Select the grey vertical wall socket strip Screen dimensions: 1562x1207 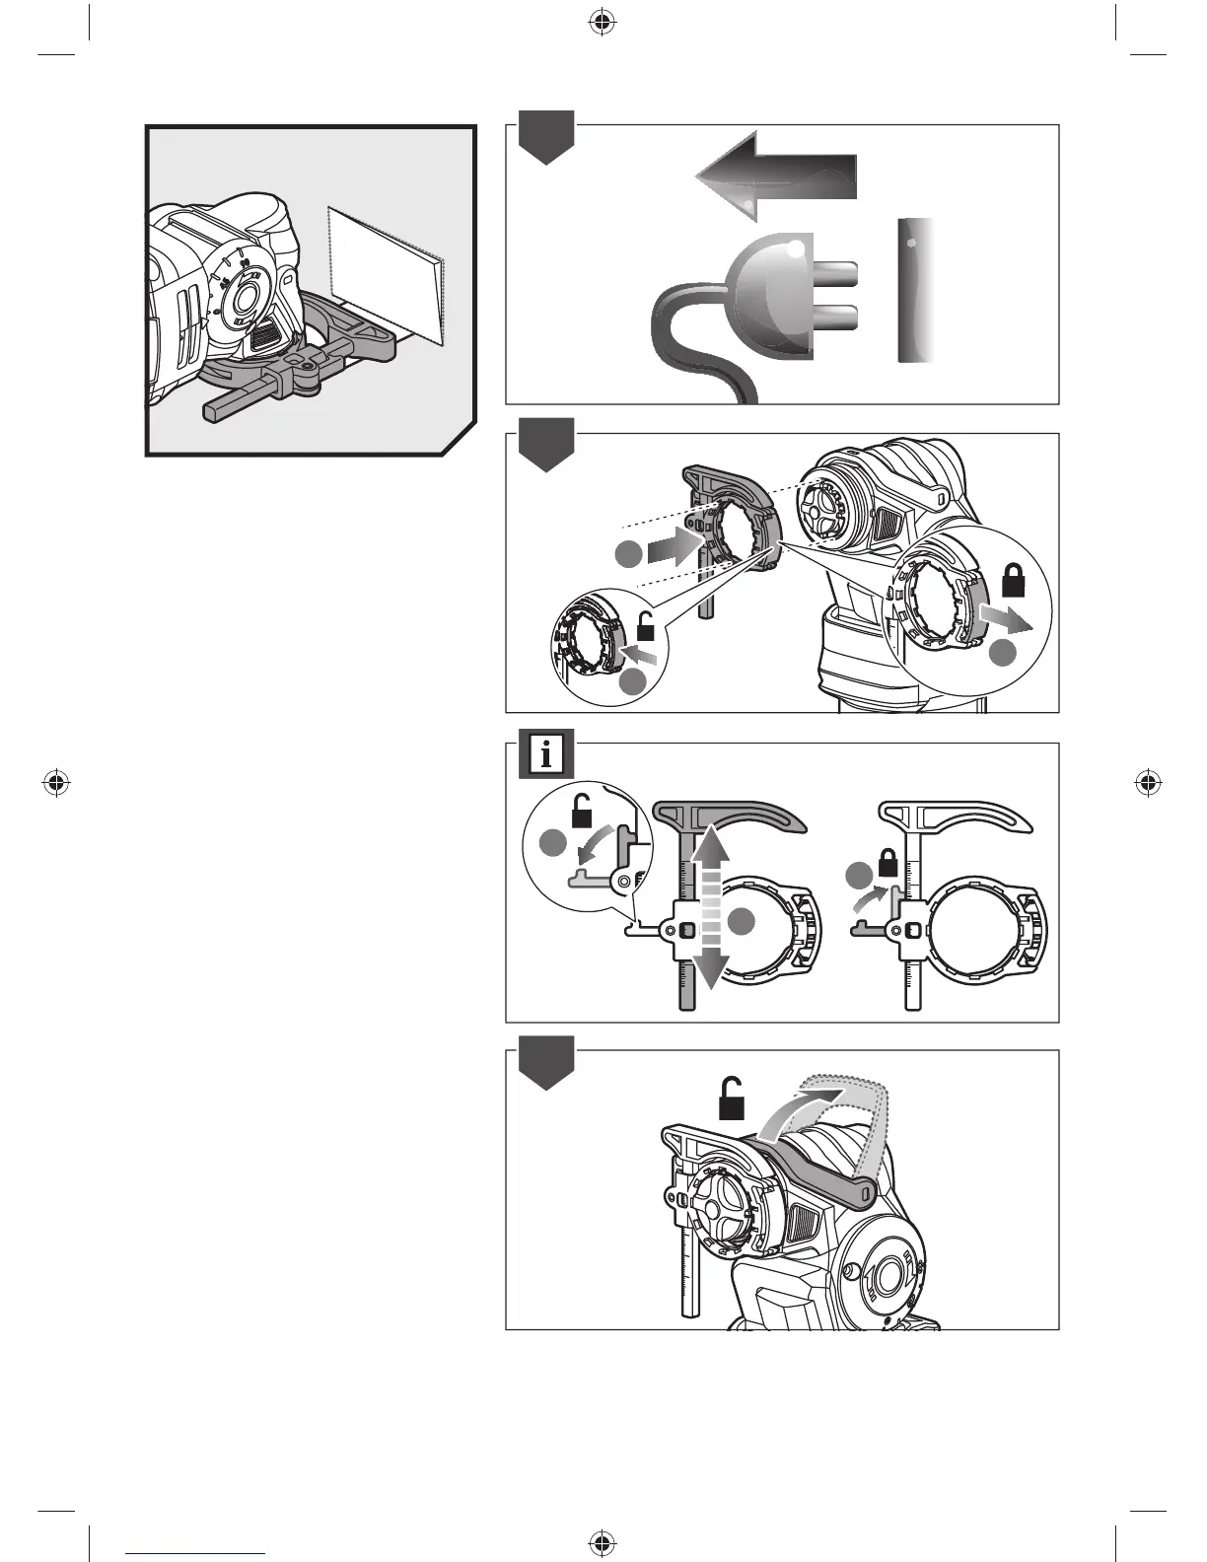pos(916,290)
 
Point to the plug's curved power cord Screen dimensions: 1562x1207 pos(690,335)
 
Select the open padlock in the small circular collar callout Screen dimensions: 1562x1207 pos(646,626)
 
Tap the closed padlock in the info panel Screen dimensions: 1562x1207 pos(887,865)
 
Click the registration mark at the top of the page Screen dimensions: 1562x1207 pos(601,23)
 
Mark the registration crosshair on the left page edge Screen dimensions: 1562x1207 pos(56,783)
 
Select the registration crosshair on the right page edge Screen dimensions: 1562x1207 pos(1146,783)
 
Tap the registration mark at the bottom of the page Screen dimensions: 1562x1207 pos(601,1540)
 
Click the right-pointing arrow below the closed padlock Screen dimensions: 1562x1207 pos(1006,620)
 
